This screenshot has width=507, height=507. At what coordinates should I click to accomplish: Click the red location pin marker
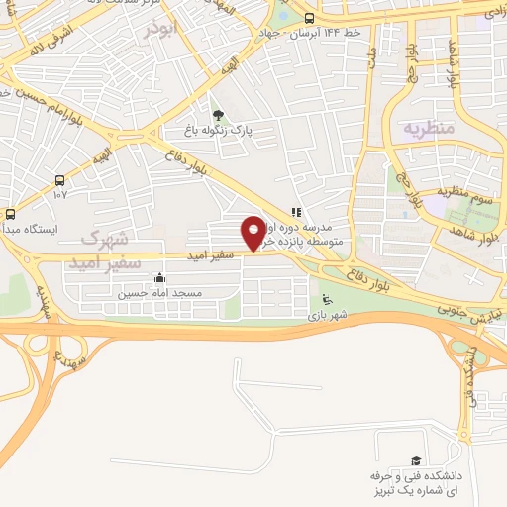tap(253, 233)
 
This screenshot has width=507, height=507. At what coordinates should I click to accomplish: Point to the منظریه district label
tap(427, 128)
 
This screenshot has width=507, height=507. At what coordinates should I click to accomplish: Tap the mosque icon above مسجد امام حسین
tap(159, 278)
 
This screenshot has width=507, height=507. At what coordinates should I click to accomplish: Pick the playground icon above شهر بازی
tap(328, 301)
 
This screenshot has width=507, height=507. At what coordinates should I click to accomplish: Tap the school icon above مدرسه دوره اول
tap(295, 211)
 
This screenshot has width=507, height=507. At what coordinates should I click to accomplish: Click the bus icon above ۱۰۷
tap(60, 180)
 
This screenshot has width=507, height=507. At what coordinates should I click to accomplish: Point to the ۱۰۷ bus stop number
tap(58, 195)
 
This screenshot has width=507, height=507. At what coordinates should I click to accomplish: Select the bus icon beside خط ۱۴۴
tap(310, 18)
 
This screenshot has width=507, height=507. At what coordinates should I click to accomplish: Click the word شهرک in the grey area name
tap(105, 238)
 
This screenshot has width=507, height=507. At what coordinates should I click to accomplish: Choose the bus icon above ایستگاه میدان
tap(10, 214)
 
